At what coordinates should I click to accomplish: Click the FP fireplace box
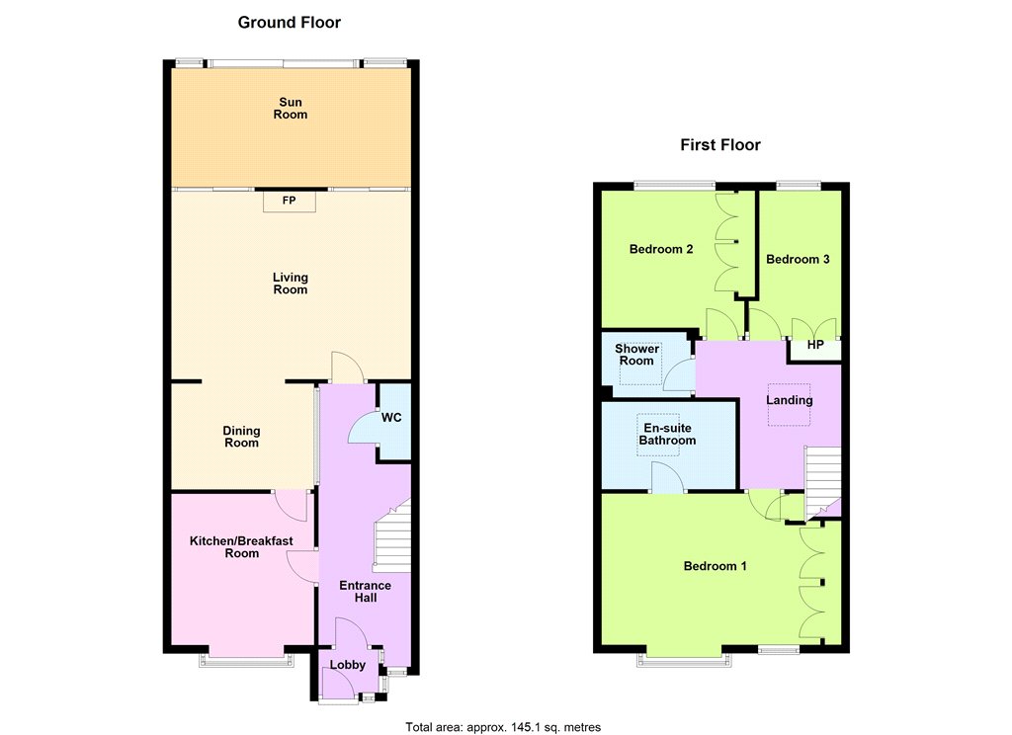coord(290,201)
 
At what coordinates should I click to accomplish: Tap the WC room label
coord(391,418)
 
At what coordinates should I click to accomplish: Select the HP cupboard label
coord(815,345)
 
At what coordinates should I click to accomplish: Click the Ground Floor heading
coord(290,23)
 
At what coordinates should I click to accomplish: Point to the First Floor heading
coord(720,144)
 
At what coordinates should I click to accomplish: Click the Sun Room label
coord(291,109)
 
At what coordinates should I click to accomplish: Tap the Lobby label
coord(347,665)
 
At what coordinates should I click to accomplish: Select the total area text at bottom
coord(503,727)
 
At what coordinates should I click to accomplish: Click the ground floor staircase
coord(393,535)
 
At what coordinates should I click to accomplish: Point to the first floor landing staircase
coord(822,482)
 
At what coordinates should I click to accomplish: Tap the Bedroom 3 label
coord(798,260)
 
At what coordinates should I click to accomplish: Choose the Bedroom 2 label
coord(661,249)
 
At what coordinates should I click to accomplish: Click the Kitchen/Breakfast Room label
coord(241,547)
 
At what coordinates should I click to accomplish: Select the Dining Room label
coord(241,437)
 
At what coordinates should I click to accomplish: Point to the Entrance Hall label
coord(366,592)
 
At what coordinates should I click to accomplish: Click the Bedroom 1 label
coord(716,566)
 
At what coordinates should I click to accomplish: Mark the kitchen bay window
coord(246,660)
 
